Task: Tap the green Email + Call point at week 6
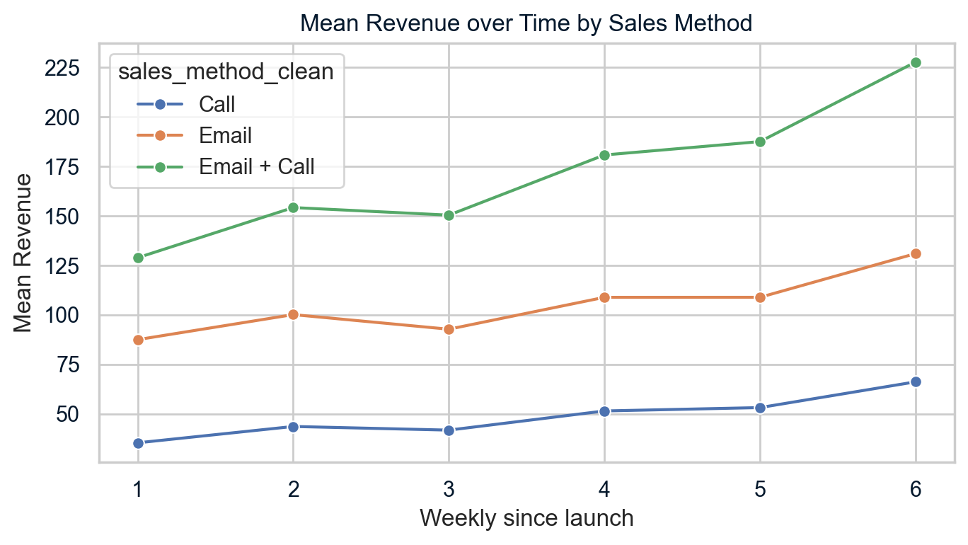pyautogui.click(x=915, y=62)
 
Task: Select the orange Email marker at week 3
pyautogui.click(x=449, y=329)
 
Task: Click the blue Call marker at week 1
pyautogui.click(x=138, y=443)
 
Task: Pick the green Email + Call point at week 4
pyautogui.click(x=604, y=155)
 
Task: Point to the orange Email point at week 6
pyautogui.click(x=915, y=253)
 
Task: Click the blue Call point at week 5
pyautogui.click(x=760, y=408)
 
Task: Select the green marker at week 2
pyautogui.click(x=293, y=207)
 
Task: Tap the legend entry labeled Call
pyautogui.click(x=217, y=104)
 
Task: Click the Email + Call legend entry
pyautogui.click(x=256, y=167)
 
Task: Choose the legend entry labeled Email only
pyautogui.click(x=225, y=135)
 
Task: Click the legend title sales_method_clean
pyautogui.click(x=226, y=72)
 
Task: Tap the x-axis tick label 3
pyautogui.click(x=449, y=488)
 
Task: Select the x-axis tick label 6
pyautogui.click(x=915, y=488)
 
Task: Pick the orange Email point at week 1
pyautogui.click(x=138, y=340)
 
